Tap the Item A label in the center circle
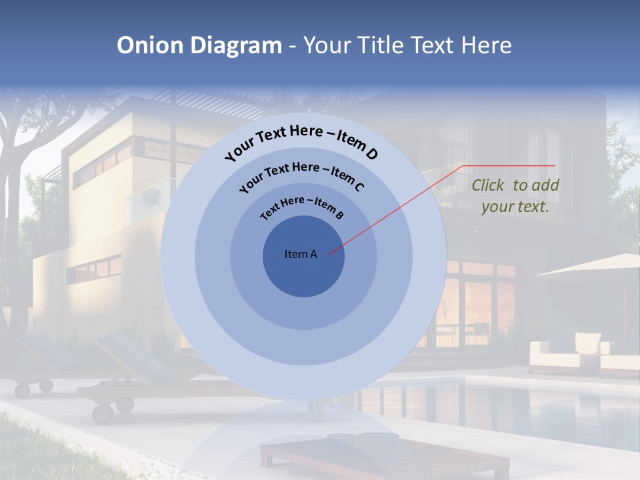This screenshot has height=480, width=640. click(301, 254)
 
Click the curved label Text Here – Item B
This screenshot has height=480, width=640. click(302, 207)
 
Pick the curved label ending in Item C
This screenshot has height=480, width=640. click(301, 175)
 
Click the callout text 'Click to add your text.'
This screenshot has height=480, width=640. click(515, 196)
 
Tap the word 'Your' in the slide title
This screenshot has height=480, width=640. click(329, 45)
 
